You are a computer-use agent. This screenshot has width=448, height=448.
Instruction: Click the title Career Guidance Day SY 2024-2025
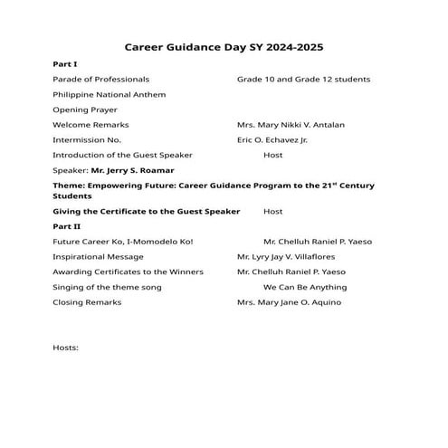224,45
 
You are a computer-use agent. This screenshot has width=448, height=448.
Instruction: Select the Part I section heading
65,65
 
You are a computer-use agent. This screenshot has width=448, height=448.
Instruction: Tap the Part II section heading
67,225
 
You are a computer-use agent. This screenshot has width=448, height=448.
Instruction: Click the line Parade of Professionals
101,80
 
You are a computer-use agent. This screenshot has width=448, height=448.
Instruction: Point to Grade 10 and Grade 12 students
303,80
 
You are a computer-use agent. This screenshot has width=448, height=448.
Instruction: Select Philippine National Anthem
109,94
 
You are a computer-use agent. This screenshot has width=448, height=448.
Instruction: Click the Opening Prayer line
85,110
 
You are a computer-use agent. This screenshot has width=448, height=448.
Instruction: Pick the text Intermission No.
87,140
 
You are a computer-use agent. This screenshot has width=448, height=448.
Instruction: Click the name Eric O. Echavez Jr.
272,140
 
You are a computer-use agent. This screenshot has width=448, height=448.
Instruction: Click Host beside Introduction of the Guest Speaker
272,155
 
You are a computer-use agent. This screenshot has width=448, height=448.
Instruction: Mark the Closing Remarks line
87,302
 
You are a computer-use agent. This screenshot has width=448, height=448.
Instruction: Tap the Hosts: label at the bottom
66,348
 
